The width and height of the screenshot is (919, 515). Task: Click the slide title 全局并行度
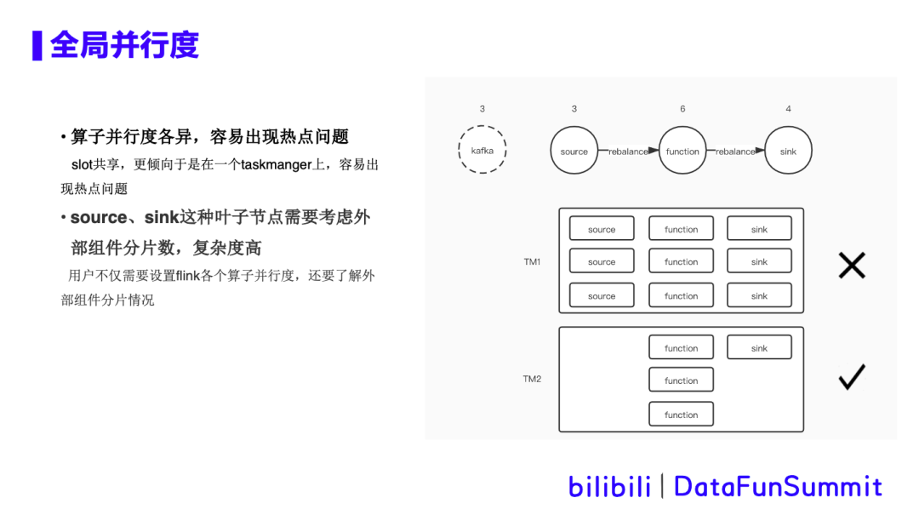pos(124,45)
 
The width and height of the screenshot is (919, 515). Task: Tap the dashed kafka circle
pos(482,151)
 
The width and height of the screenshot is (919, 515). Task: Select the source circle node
pos(574,151)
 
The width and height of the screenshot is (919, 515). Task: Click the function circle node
pos(682,151)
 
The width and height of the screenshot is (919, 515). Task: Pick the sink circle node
pos(788,151)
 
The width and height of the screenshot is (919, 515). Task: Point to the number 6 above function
pos(682,109)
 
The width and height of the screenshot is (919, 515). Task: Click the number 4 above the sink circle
pos(788,109)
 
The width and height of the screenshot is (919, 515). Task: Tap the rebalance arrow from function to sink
pos(738,151)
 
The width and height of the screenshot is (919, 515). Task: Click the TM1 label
pos(532,261)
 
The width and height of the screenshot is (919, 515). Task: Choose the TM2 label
pos(532,379)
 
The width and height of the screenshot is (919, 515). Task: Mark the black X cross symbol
pos(852,266)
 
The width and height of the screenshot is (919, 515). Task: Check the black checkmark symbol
pos(852,377)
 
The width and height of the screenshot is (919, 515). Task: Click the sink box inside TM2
pos(759,347)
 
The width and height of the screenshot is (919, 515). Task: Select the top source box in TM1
pos(602,229)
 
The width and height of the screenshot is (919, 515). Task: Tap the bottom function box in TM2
pos(681,415)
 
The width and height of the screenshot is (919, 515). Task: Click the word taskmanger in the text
pos(277,164)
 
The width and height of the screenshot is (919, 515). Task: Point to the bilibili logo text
pos(609,486)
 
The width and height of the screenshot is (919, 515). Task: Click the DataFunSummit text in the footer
pos(778,486)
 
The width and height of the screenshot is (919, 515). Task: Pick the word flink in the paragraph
pos(187,276)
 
